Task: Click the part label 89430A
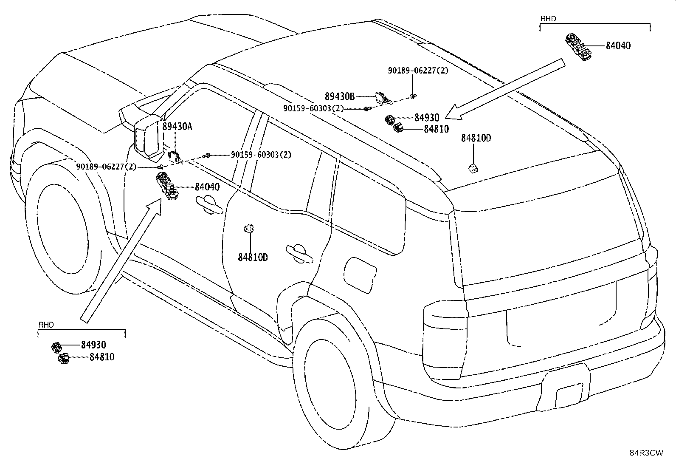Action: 177,126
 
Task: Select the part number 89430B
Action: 340,96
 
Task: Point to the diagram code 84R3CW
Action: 646,453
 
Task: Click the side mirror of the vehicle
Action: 149,137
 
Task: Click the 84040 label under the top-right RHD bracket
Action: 618,45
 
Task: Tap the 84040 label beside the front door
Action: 207,187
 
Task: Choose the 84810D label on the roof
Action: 476,138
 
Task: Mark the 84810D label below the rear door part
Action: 253,258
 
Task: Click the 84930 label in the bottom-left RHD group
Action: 93,345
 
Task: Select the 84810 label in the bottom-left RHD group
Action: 102,357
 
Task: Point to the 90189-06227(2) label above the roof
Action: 418,71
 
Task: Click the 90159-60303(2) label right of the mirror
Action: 261,155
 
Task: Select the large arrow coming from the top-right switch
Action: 505,89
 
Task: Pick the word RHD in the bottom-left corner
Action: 46,325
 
